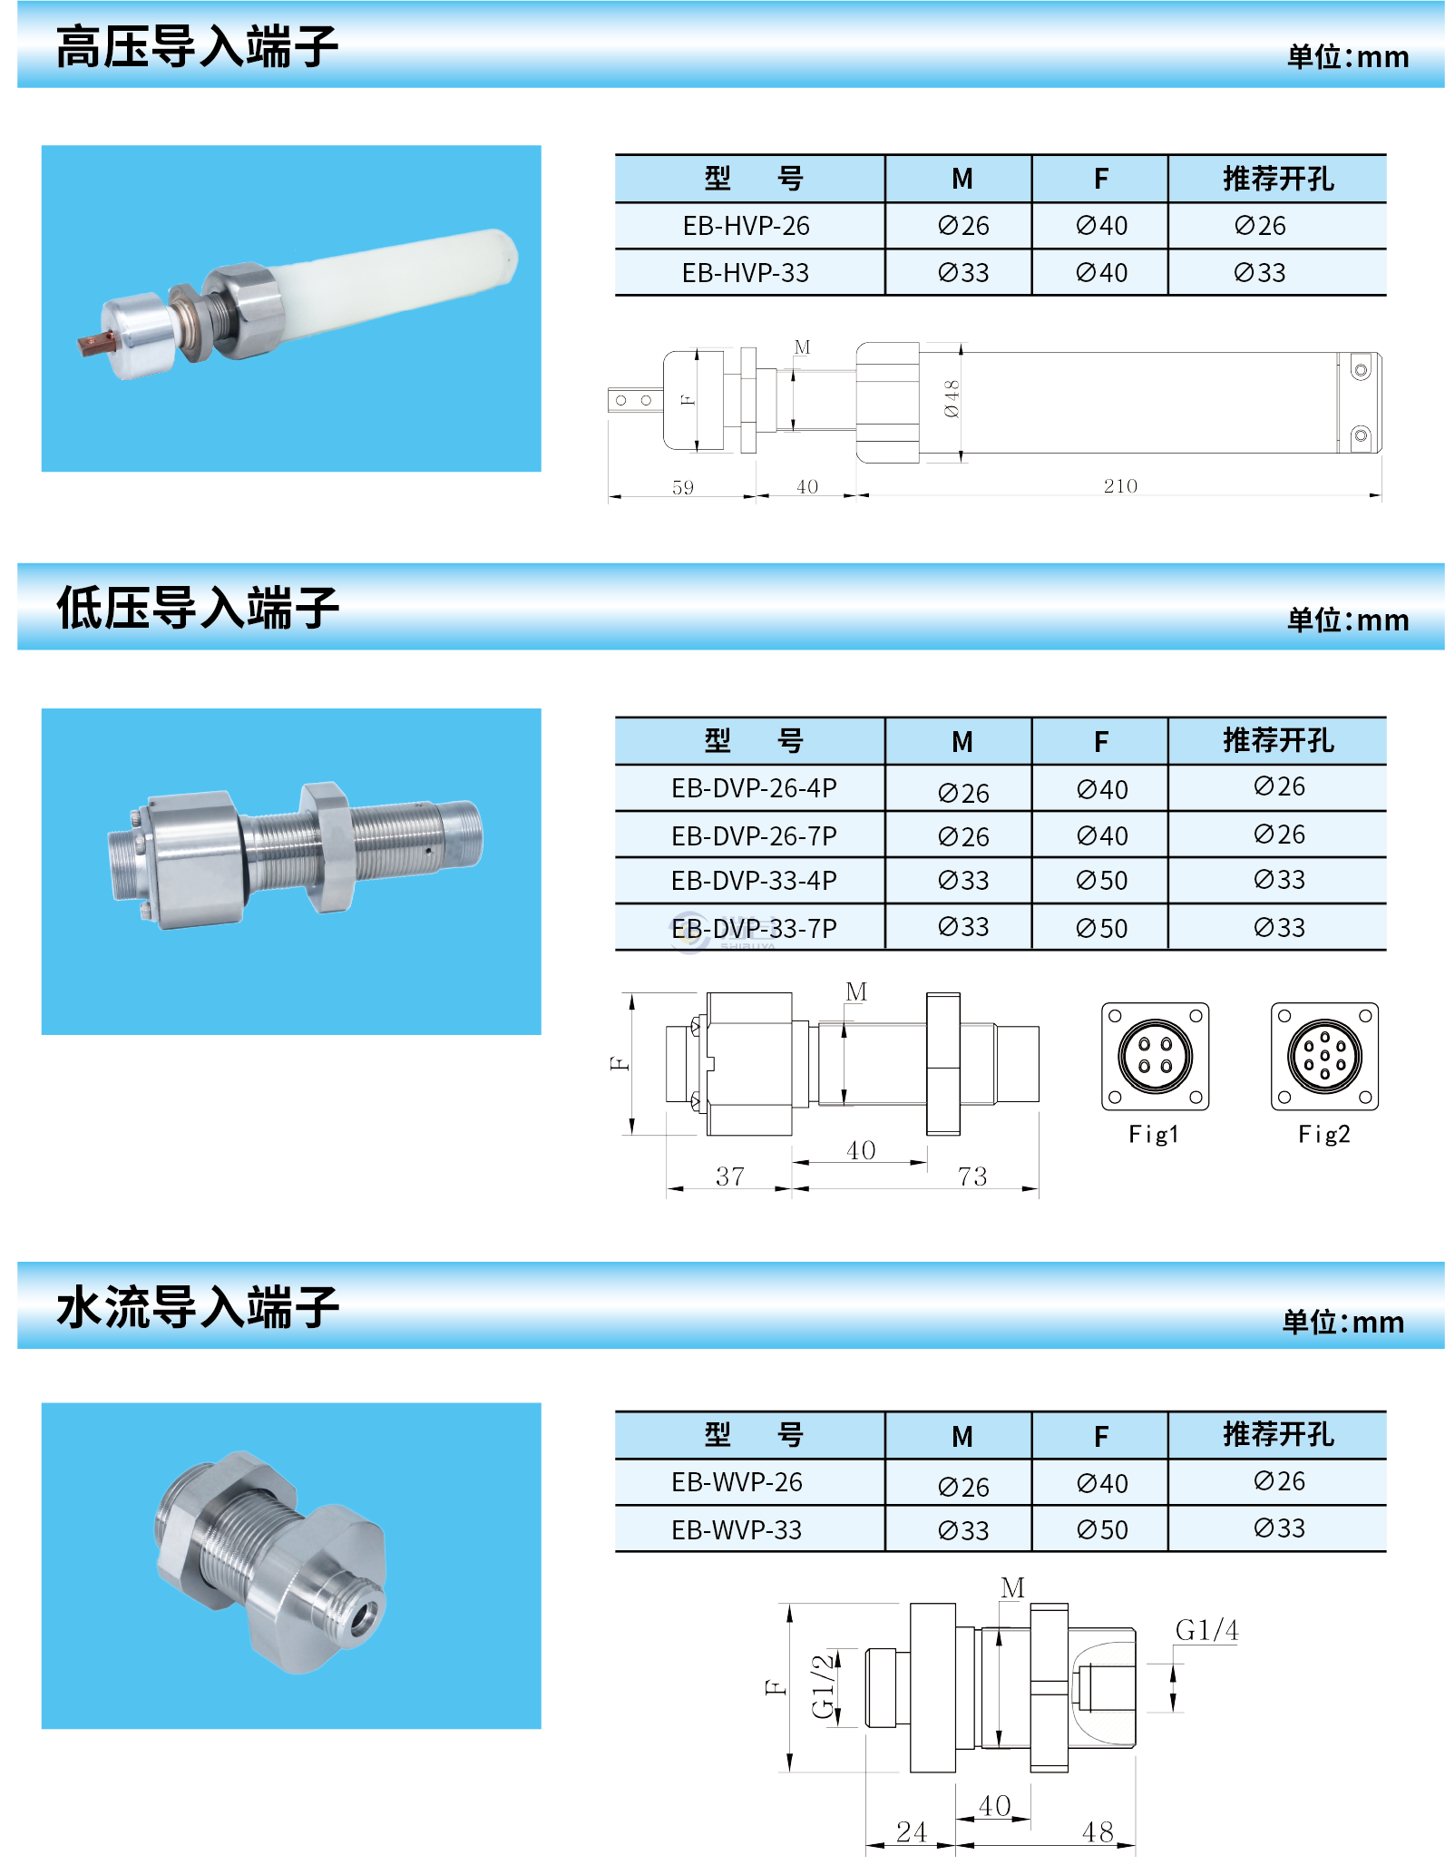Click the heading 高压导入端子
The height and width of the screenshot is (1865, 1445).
point(197,47)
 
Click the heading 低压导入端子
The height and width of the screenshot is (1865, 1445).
point(197,608)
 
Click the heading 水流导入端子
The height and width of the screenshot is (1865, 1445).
point(197,1307)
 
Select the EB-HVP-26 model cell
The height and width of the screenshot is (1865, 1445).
point(746,226)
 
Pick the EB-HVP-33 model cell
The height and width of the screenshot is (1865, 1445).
point(746,273)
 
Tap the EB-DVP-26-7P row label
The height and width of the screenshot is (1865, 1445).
point(753,835)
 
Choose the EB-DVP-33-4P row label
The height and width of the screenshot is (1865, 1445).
point(753,881)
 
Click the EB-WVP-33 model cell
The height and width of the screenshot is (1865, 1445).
point(737,1530)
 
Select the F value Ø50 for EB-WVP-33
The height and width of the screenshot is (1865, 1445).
point(1101,1530)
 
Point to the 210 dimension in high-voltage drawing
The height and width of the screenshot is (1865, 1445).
point(1120,486)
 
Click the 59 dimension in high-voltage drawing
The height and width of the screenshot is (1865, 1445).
point(682,487)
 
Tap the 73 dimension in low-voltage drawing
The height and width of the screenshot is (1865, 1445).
point(971,1177)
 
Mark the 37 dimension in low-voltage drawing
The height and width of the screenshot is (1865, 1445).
point(730,1177)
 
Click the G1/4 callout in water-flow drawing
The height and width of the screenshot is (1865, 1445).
point(1206,1630)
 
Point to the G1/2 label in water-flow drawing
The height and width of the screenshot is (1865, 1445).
point(825,1686)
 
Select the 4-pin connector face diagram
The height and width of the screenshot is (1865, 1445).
point(1155,1056)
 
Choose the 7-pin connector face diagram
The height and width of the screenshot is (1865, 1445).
point(1324,1056)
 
